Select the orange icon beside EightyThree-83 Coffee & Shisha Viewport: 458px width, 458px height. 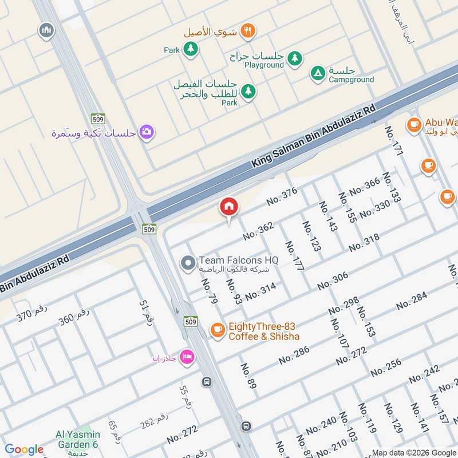217,329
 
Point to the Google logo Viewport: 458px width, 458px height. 23,449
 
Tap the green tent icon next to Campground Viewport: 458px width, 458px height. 317,73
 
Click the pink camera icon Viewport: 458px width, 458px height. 147,132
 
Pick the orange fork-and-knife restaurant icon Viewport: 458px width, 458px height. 247,31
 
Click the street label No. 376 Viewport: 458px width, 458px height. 282,196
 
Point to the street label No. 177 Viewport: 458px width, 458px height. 295,255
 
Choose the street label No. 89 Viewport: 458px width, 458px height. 248,376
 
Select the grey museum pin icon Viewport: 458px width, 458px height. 46,30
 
